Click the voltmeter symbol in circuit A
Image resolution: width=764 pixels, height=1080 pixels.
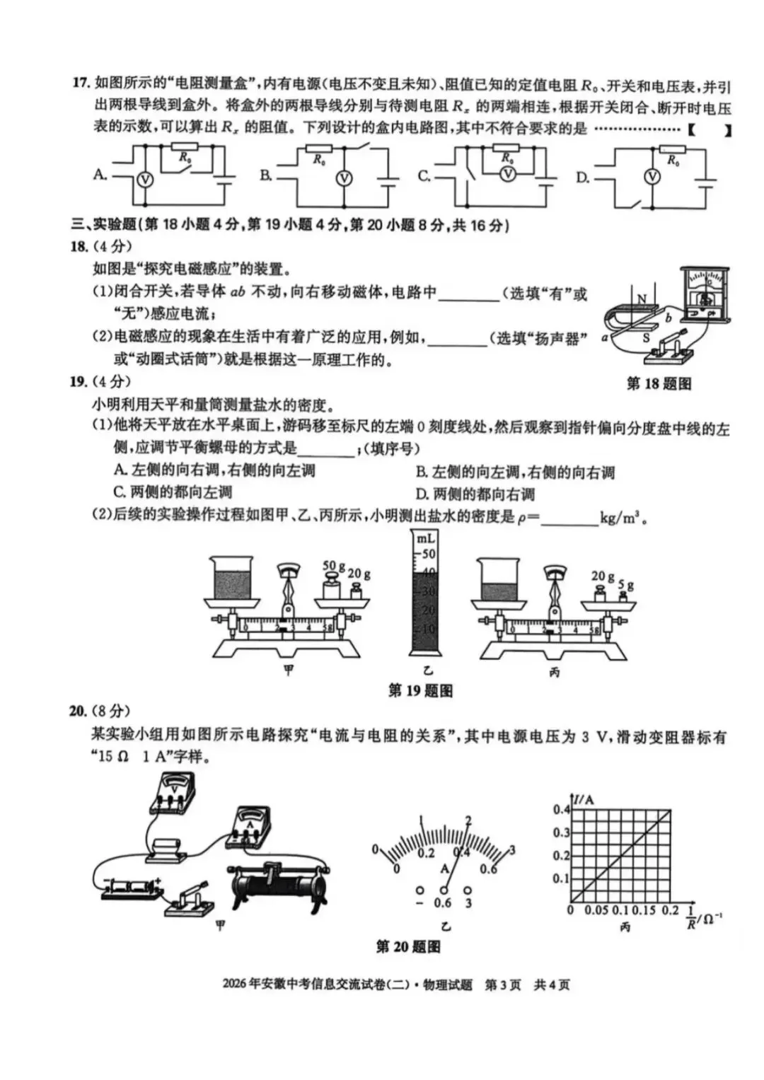(144, 180)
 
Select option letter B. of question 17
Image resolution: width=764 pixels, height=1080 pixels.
(266, 175)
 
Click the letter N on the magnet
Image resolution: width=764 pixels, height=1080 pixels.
(642, 300)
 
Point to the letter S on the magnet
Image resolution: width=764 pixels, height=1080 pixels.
(645, 338)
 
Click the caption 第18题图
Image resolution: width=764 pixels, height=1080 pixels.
(658, 384)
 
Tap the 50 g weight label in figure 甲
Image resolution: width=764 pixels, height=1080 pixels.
(333, 566)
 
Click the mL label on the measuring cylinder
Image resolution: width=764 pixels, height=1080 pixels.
(426, 539)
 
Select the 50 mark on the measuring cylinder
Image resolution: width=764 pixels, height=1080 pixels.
(429, 554)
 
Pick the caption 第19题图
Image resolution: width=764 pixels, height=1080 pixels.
(420, 691)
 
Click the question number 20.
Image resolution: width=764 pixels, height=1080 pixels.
(78, 711)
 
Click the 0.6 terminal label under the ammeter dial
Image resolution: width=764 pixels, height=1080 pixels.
(443, 903)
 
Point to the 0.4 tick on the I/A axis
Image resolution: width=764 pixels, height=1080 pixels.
(561, 810)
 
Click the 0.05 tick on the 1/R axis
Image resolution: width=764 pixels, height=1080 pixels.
(596, 910)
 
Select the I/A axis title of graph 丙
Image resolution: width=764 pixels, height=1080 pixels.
(584, 800)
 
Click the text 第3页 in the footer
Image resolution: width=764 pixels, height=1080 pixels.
(502, 985)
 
